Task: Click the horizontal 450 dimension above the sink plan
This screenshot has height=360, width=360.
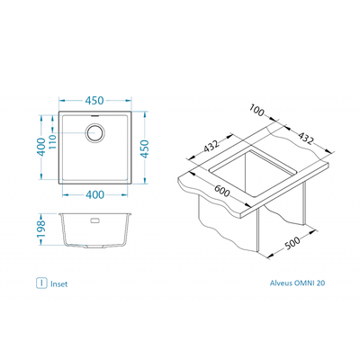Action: click(x=94, y=101)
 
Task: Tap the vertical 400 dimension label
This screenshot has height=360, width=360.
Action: click(x=42, y=147)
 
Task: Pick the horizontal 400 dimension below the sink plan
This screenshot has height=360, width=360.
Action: click(x=95, y=194)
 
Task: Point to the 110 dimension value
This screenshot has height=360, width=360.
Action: click(x=52, y=143)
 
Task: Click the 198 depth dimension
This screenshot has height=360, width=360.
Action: click(x=40, y=229)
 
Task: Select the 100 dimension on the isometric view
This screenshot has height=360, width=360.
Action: click(x=256, y=111)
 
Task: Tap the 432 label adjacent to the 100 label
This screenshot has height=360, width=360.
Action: click(x=306, y=139)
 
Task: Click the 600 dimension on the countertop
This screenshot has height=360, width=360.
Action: click(x=222, y=192)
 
